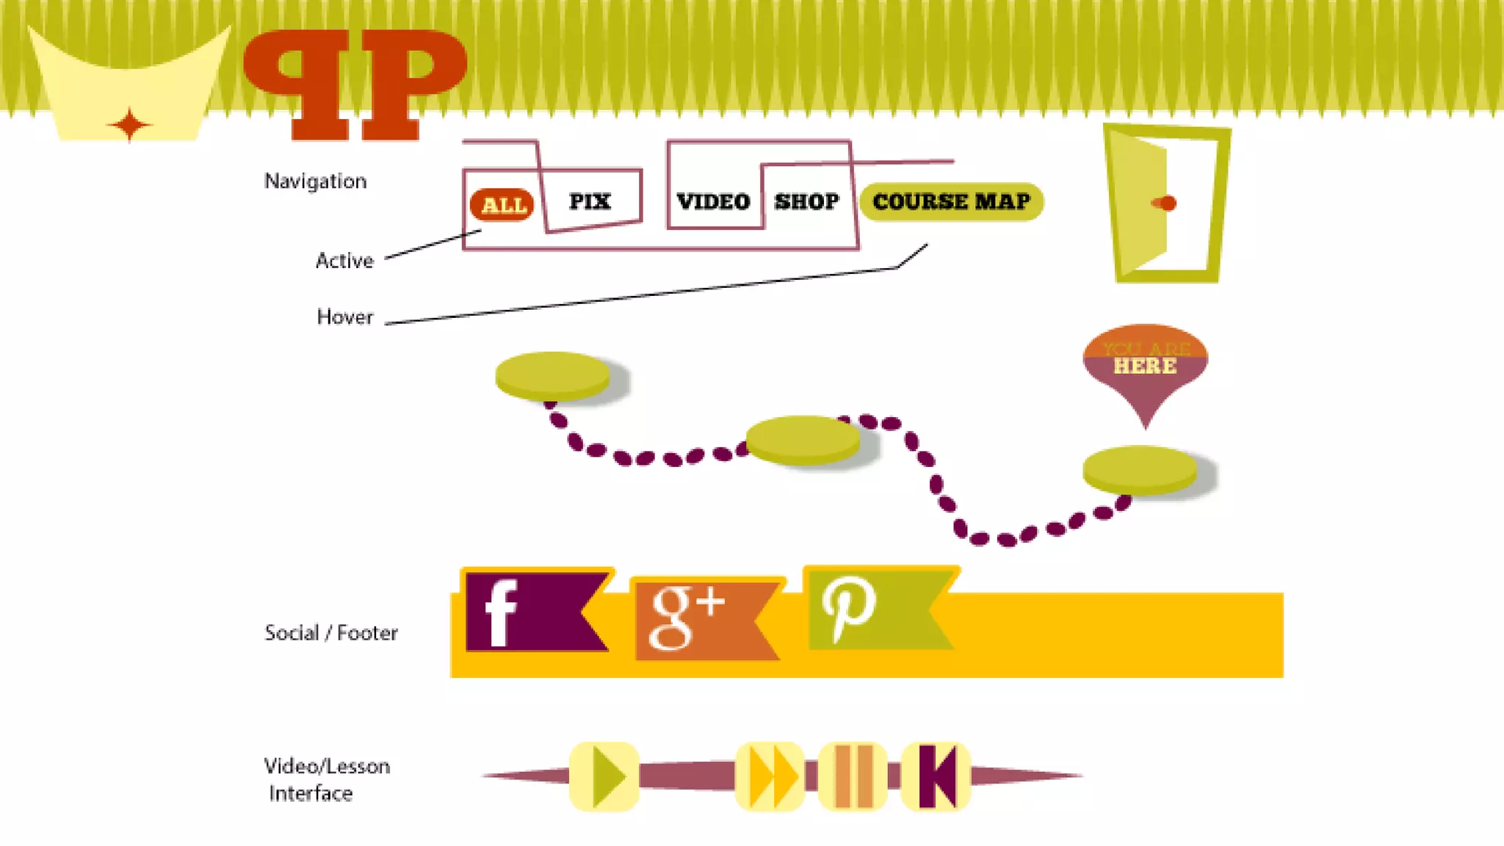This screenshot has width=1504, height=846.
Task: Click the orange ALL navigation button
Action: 503,205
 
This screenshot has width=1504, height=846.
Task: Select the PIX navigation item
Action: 590,201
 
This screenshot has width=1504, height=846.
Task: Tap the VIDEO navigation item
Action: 713,201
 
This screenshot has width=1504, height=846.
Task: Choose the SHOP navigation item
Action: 806,201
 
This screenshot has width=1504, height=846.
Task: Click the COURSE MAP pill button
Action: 951,202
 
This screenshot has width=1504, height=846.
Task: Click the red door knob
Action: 1165,203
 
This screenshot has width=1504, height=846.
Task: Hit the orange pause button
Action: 853,776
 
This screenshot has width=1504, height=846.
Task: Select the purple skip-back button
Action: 936,776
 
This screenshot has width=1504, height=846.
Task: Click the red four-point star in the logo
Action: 130,124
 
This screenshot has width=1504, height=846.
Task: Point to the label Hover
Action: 345,317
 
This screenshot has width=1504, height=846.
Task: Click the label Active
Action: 344,261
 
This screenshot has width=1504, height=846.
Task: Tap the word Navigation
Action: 315,181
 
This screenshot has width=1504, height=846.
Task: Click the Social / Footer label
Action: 331,633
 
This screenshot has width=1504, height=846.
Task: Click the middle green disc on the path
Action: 803,439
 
